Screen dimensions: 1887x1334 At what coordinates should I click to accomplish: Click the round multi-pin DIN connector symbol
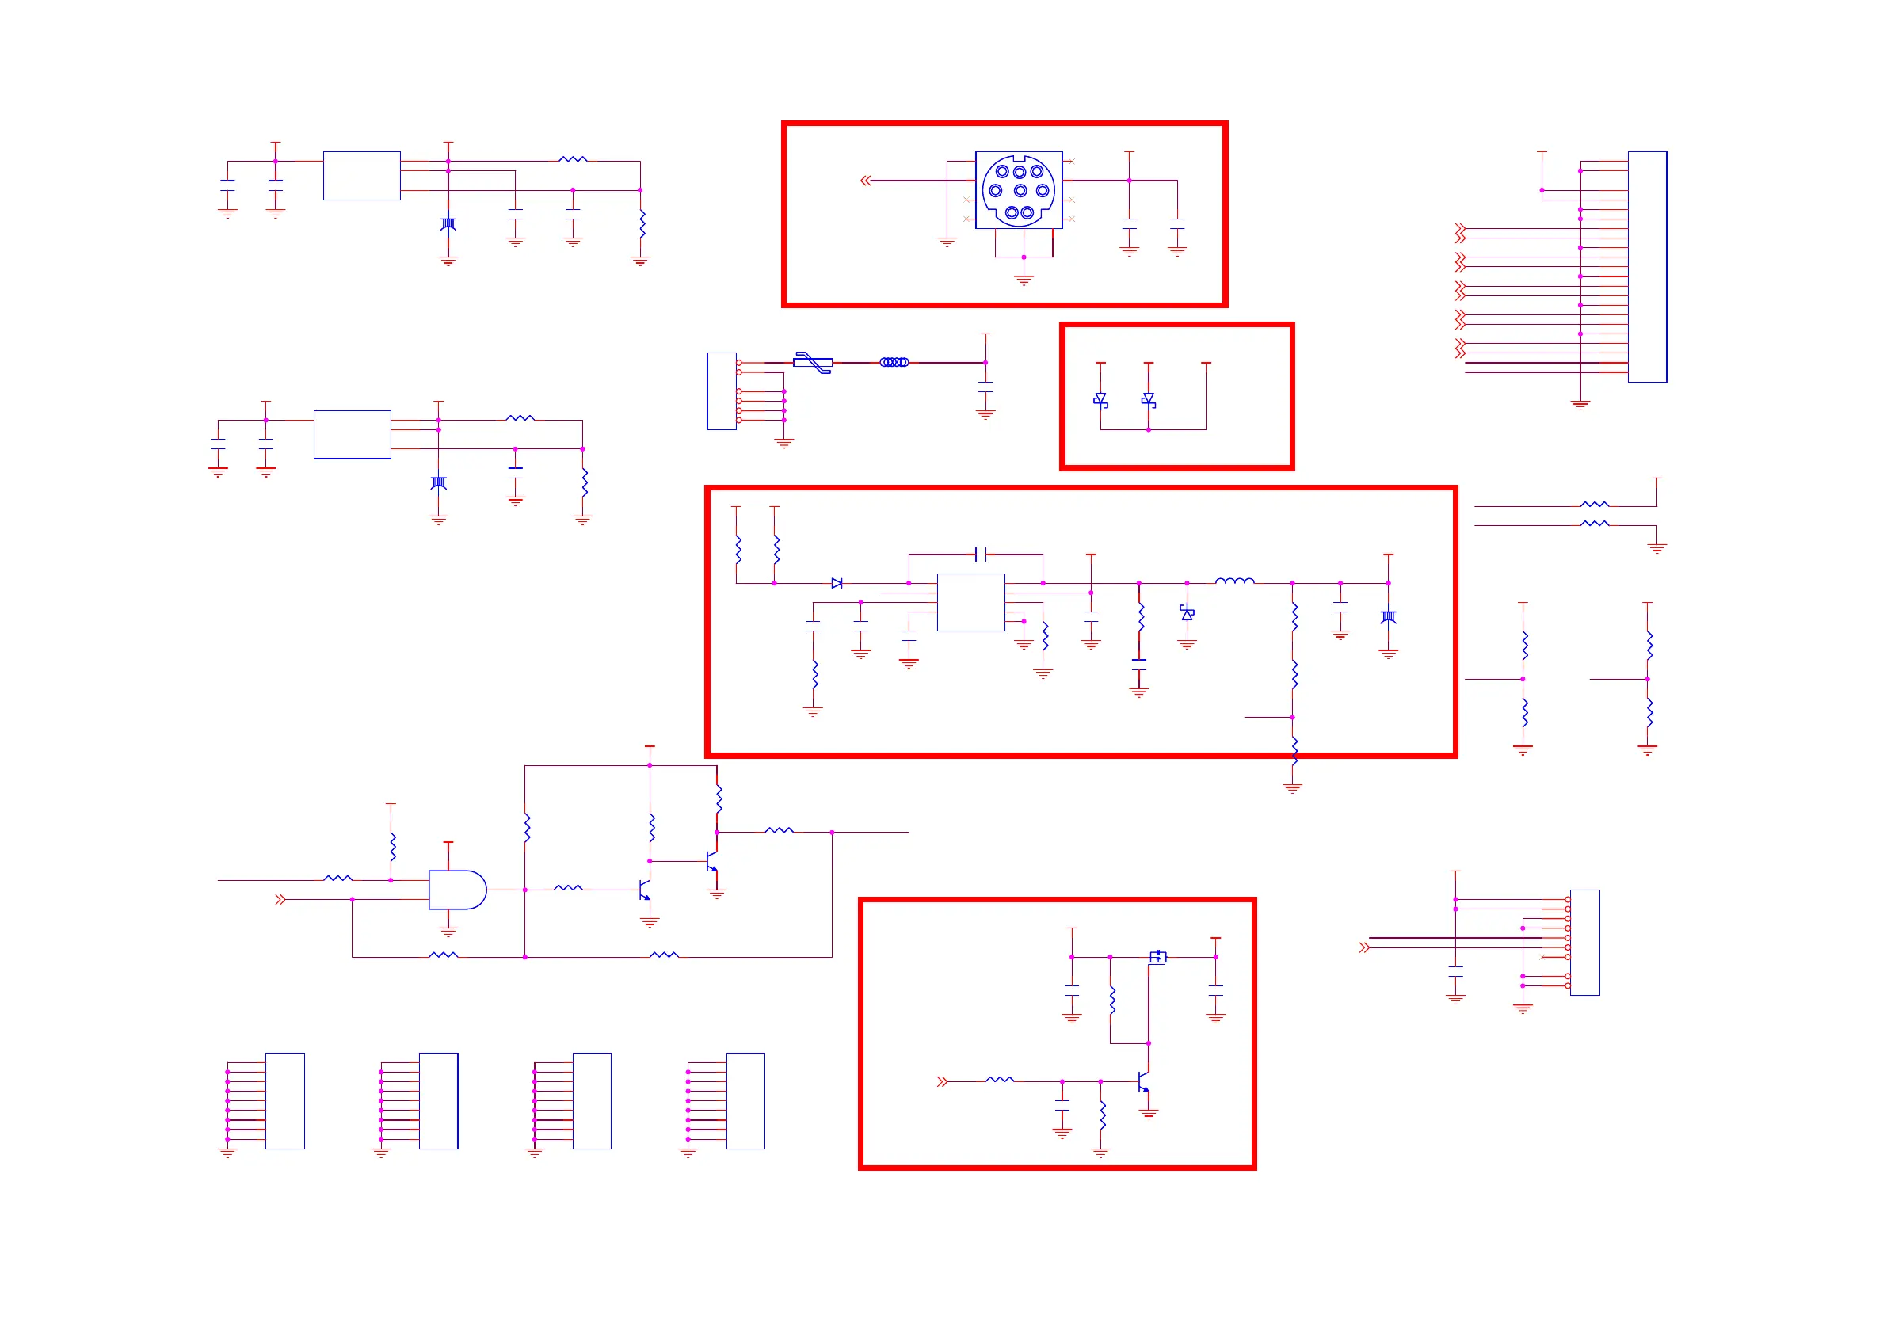pyautogui.click(x=1018, y=191)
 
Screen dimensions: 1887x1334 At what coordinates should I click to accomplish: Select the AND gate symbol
pyautogui.click(x=457, y=890)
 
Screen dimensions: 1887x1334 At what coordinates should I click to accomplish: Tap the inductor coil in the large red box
pyautogui.click(x=1234, y=581)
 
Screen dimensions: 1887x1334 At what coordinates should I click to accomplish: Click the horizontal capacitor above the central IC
pyautogui.click(x=980, y=554)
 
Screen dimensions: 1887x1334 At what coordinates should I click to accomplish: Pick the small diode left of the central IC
pyautogui.click(x=837, y=583)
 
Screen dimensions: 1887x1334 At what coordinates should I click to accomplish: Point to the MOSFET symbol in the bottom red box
pyautogui.click(x=1158, y=957)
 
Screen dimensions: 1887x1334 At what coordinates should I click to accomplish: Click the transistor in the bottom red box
pyautogui.click(x=1143, y=1081)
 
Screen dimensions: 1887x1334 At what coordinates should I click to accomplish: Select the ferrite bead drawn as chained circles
pyautogui.click(x=894, y=362)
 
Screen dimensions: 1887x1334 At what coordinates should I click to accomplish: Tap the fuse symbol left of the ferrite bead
pyautogui.click(x=812, y=362)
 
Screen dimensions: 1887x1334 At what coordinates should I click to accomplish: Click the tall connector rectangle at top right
pyautogui.click(x=1647, y=266)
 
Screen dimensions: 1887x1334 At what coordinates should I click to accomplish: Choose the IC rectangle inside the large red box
pyautogui.click(x=970, y=602)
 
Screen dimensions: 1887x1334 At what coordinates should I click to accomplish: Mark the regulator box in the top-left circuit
pyautogui.click(x=361, y=175)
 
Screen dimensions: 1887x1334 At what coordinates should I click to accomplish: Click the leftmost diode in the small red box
pyautogui.click(x=1100, y=399)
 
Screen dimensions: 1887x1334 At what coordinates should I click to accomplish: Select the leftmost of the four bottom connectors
pyautogui.click(x=284, y=1100)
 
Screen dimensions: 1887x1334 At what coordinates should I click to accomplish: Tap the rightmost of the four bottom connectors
pyautogui.click(x=745, y=1100)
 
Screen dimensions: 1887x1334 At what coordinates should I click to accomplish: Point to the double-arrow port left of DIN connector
pyautogui.click(x=865, y=180)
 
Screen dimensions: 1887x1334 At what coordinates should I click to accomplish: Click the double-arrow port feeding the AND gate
pyautogui.click(x=280, y=899)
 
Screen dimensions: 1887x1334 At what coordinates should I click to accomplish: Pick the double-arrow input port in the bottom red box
pyautogui.click(x=942, y=1081)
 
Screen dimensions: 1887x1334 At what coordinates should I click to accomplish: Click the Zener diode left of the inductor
pyautogui.click(x=1187, y=612)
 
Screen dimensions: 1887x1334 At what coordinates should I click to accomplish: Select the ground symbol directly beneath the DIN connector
pyautogui.click(x=1024, y=280)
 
